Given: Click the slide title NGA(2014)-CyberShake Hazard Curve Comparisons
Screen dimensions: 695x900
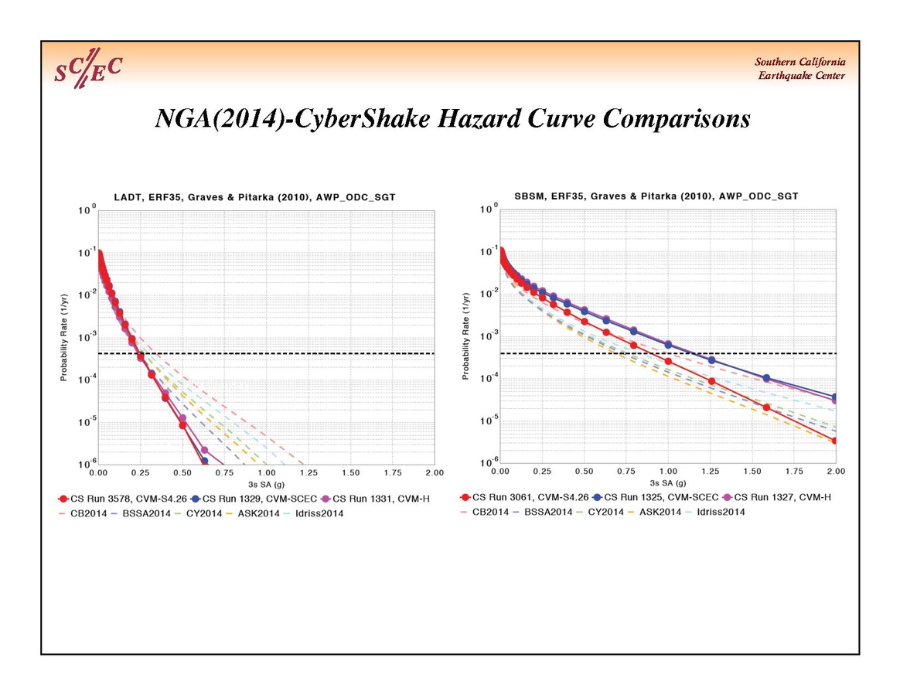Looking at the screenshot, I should pos(452,119).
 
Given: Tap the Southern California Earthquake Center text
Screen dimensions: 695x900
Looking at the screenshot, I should pos(799,69).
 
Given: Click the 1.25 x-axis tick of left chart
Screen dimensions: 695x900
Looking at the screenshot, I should pos(308,472).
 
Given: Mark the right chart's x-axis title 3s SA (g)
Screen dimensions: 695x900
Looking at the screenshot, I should pos(668,482).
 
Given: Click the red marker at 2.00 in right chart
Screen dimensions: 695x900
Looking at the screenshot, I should pos(836,441).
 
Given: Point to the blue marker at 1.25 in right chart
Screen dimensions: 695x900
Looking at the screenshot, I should pos(711,360).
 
